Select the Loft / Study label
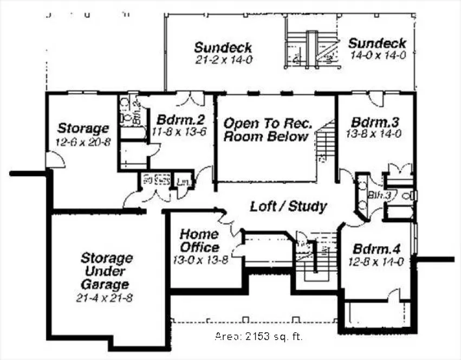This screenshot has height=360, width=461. pyautogui.click(x=288, y=206)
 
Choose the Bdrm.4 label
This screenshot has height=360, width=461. pyautogui.click(x=376, y=250)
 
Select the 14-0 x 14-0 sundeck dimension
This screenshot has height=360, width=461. pyautogui.click(x=378, y=55)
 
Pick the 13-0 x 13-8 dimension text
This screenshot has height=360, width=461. pyautogui.click(x=200, y=261)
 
